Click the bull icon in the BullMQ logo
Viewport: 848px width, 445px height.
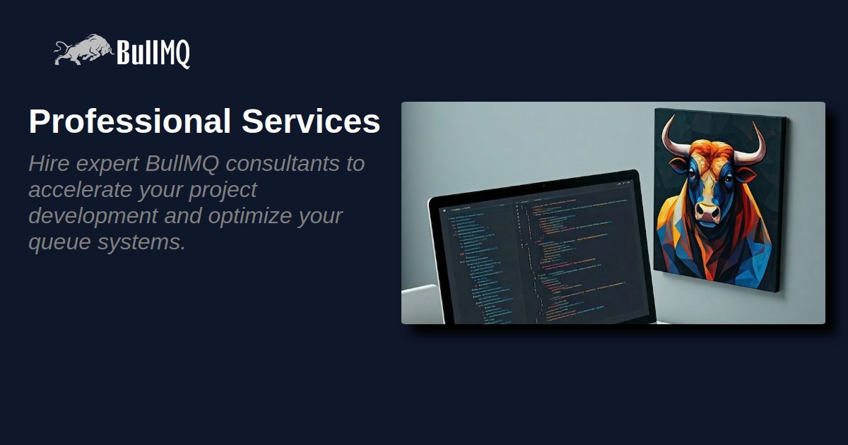click(83, 51)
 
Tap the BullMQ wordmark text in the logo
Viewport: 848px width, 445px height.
click(153, 53)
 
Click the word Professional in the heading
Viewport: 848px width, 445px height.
click(130, 121)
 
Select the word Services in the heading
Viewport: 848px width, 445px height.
click(311, 121)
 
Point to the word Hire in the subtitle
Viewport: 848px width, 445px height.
click(49, 163)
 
